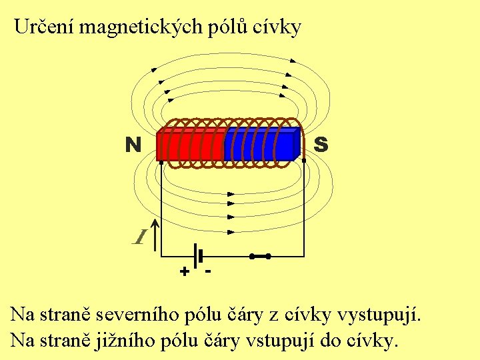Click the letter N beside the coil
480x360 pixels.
pos(133,144)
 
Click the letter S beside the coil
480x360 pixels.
pos(320,144)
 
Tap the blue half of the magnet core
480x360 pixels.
pos(260,145)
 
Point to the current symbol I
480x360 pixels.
pos(140,237)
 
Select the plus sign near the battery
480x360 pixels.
pos(184,272)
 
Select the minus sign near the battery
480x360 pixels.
pos(209,270)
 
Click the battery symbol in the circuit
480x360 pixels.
pos(197,256)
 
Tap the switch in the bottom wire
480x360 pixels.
pos(260,256)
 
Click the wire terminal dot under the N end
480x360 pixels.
pos(161,162)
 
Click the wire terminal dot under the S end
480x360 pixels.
pos(304,161)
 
